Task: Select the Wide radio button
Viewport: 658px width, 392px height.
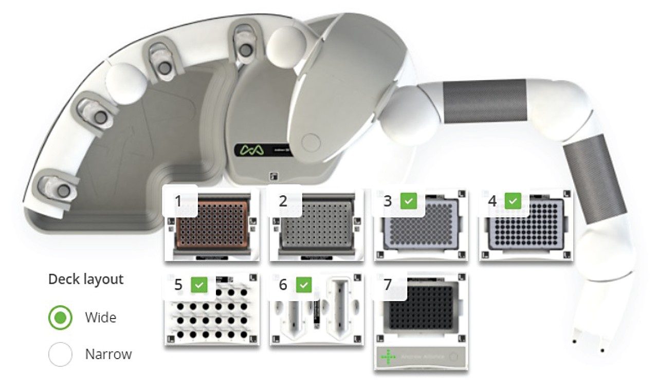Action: [61, 318]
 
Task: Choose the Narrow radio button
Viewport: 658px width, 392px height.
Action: [61, 354]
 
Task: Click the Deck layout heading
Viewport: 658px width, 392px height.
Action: [86, 279]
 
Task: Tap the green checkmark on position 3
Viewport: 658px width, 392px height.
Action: [408, 201]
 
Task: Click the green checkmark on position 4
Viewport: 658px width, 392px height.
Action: [513, 201]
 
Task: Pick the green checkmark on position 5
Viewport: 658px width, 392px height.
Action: [199, 285]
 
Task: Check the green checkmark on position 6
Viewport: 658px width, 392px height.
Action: [304, 285]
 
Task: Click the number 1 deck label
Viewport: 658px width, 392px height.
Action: [178, 201]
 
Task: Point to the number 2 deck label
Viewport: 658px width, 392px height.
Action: [283, 201]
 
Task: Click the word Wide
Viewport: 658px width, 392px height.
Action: [101, 318]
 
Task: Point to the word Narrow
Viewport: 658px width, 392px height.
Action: [108, 354]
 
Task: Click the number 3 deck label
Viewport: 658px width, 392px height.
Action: [388, 201]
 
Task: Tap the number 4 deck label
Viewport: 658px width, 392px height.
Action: [492, 201]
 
